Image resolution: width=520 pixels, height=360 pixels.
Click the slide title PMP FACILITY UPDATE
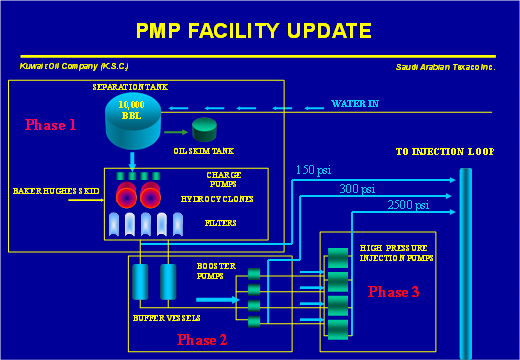pos(253,31)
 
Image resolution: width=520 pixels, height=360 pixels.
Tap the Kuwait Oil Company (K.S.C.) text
pos(73,66)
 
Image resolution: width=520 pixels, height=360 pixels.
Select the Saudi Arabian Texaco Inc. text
pos(445,67)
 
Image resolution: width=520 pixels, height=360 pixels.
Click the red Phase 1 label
pos(51,125)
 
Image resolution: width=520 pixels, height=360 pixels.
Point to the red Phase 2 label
pos(202,339)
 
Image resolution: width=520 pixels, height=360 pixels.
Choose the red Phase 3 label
pos(393,292)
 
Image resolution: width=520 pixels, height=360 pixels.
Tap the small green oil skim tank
pos(205,128)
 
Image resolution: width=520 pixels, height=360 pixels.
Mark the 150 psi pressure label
pos(313,169)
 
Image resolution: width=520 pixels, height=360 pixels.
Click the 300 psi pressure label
pos(357,188)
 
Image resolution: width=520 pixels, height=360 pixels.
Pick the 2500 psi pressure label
pos(408,205)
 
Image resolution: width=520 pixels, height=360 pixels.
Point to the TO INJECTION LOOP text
pos(444,152)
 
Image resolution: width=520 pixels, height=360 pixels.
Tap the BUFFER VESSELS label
pos(166,318)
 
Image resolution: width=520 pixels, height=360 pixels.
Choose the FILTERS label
pos(220,222)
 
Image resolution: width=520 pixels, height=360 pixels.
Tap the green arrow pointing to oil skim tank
pos(176,130)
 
